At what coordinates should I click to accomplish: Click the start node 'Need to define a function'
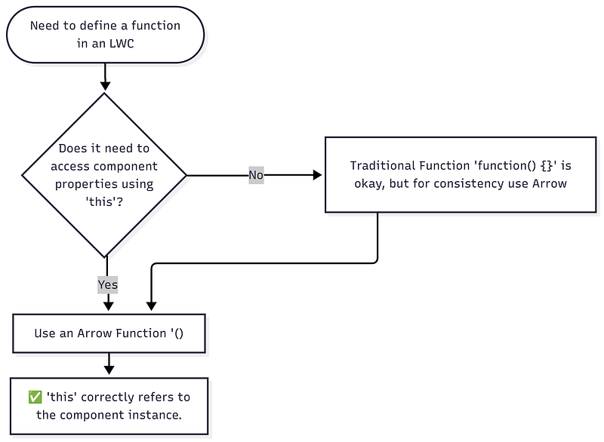coord(105,34)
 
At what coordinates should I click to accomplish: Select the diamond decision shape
coord(105,175)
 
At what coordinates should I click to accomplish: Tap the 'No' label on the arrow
coord(257,175)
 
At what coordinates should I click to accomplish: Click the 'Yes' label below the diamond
coord(107,285)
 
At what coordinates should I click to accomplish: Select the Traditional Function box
coord(460,174)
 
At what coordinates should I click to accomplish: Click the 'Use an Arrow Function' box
coord(109,333)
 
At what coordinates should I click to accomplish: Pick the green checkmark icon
coord(35,397)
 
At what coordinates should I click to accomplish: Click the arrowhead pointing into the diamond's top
coord(105,85)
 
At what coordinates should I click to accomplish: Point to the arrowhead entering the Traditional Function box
coord(318,175)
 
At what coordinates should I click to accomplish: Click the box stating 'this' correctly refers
coord(109,406)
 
